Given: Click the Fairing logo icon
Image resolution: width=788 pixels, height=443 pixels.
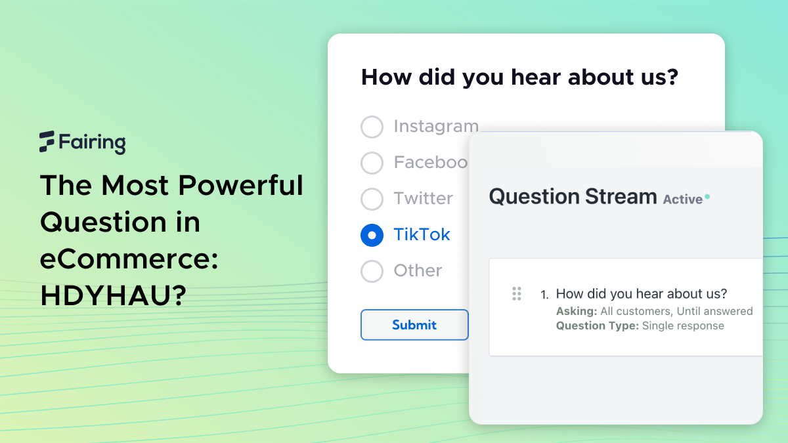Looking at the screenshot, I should (47, 141).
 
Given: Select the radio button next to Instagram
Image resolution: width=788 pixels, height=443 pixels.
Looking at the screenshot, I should (372, 127).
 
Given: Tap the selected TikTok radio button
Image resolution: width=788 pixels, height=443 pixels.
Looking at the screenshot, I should (372, 235).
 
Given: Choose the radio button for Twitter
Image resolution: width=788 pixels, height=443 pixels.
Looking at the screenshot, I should (372, 199).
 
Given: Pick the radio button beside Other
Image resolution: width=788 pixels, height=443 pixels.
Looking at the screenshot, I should (372, 271).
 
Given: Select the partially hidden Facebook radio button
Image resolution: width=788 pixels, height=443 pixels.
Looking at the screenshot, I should (372, 163).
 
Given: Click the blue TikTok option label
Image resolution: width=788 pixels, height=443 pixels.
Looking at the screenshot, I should (422, 234).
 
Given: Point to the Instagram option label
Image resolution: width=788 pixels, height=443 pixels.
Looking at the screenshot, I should (435, 126).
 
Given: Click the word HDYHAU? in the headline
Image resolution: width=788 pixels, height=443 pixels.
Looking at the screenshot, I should (112, 296).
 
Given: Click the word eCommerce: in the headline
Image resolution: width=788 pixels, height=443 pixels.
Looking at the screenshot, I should (129, 259).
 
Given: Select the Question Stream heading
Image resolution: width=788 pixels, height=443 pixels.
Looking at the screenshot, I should (573, 196).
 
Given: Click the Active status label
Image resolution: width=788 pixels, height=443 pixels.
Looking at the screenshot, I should (682, 199).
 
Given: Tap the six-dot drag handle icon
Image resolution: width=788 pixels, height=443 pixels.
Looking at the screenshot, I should (516, 293).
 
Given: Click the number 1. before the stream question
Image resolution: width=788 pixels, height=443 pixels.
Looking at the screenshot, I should (544, 294).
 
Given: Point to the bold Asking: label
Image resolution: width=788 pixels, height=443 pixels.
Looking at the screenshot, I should (576, 311).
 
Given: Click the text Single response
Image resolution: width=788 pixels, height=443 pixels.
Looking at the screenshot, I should (683, 326).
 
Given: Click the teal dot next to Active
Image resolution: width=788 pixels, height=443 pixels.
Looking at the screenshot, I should (707, 196).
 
